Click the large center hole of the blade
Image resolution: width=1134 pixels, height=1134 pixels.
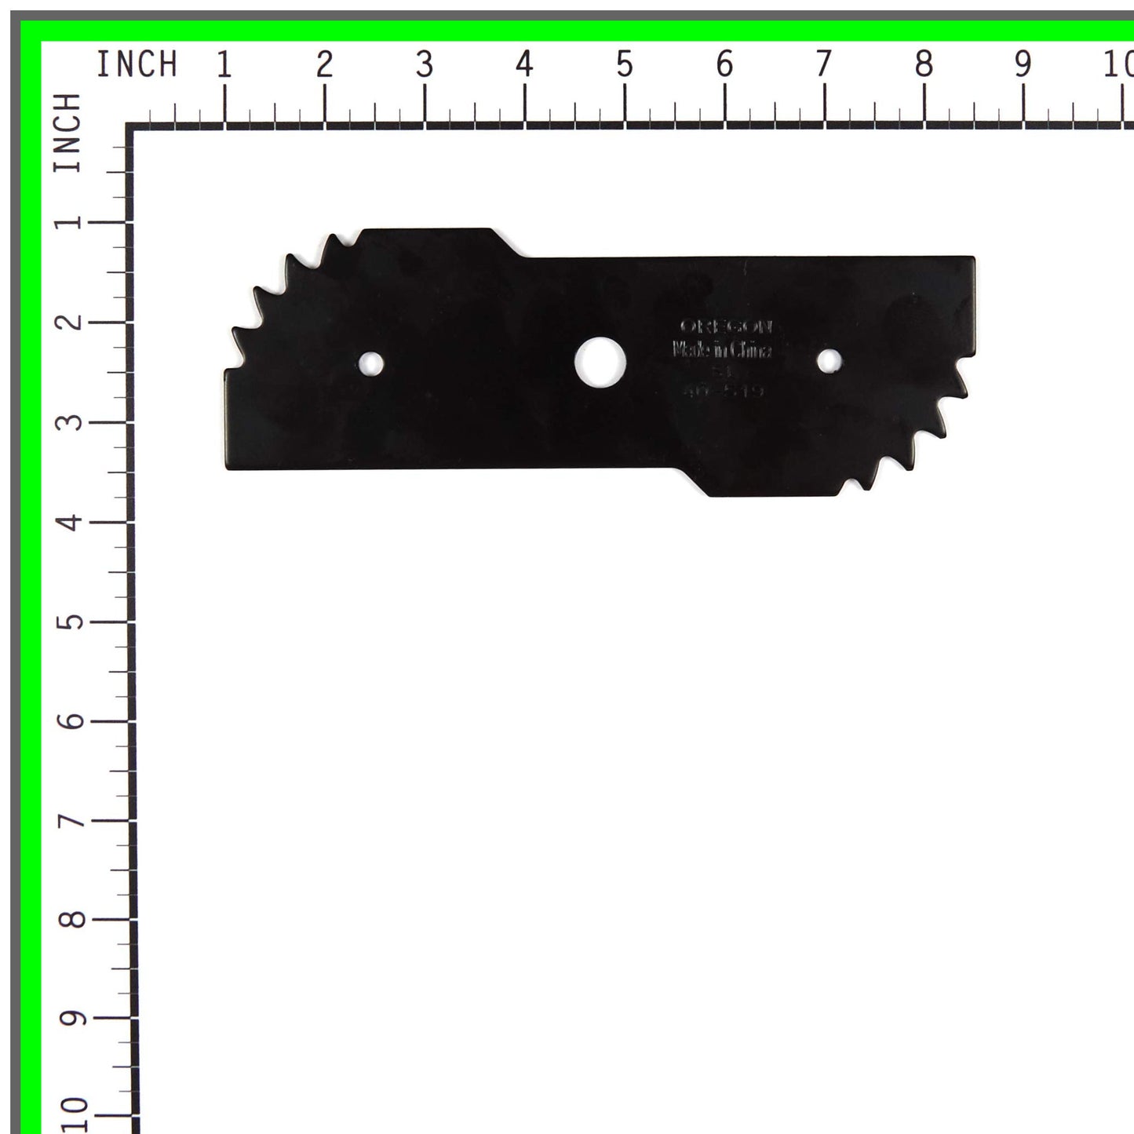[600, 362]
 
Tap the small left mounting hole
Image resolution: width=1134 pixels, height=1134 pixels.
[371, 363]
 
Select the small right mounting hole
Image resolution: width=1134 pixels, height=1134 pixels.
[829, 361]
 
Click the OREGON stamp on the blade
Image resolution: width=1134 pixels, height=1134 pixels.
[726, 326]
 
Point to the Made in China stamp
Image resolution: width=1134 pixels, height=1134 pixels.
[722, 350]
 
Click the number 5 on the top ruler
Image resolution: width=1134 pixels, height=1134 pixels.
[624, 64]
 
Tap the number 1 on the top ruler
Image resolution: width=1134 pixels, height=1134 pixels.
[224, 64]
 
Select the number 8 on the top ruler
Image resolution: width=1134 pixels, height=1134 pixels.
[924, 64]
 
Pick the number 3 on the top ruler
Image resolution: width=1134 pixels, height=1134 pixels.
[425, 64]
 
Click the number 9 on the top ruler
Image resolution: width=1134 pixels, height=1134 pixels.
[1023, 64]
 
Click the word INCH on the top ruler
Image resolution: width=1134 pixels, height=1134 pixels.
[137, 64]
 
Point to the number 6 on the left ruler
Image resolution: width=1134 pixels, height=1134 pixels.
[71, 720]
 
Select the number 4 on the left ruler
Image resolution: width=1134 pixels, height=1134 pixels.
[71, 522]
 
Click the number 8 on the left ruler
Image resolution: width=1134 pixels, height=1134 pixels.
[71, 919]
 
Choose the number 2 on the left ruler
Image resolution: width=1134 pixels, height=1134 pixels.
[71, 322]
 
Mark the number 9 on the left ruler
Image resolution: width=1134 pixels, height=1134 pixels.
[71, 1019]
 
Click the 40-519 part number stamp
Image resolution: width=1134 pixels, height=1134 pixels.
[722, 389]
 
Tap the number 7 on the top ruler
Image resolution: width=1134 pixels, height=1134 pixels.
[823, 64]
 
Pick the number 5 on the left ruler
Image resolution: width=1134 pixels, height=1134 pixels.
[71, 622]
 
